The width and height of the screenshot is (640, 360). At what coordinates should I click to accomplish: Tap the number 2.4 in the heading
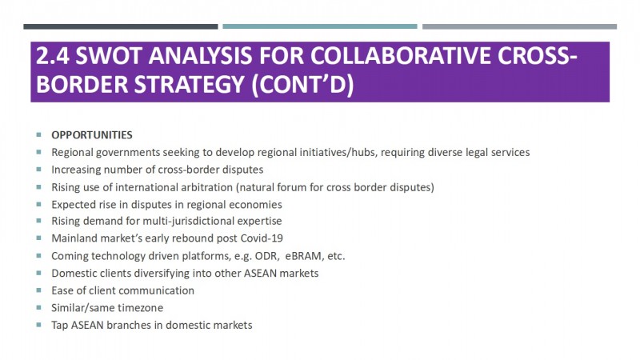coord(53,55)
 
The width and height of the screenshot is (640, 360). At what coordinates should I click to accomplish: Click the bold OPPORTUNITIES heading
coord(92,135)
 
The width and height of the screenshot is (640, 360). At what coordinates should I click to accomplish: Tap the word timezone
coord(141,308)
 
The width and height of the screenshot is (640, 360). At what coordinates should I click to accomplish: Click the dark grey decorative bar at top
coord(121,26)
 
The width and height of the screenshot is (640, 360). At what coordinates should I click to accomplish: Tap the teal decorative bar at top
coord(319,26)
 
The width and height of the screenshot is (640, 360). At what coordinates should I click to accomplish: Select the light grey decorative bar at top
coord(519,26)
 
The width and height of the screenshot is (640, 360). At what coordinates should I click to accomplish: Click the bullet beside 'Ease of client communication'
coord(38,290)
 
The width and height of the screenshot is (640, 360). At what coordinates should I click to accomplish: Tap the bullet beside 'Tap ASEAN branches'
coord(38,325)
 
